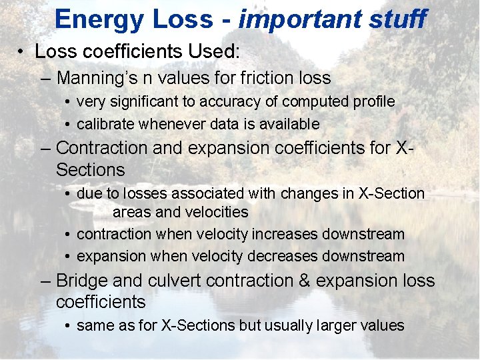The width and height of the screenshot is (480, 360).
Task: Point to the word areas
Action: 132,213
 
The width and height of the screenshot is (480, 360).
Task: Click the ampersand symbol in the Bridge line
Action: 304,281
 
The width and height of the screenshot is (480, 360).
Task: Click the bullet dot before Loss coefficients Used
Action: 23,52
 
